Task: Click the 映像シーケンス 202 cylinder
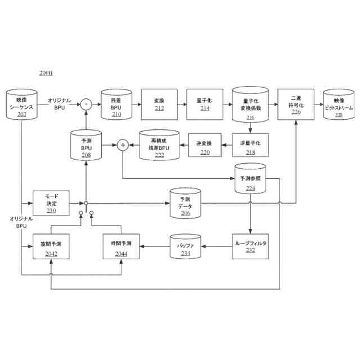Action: (x=22, y=104)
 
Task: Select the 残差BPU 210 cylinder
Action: (x=116, y=103)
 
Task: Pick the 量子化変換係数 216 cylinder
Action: (x=250, y=104)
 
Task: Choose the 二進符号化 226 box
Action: (x=296, y=103)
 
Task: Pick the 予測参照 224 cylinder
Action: (x=250, y=179)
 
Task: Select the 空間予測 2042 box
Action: (x=51, y=247)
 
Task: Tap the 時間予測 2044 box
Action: (x=121, y=247)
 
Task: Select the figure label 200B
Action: (x=46, y=74)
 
